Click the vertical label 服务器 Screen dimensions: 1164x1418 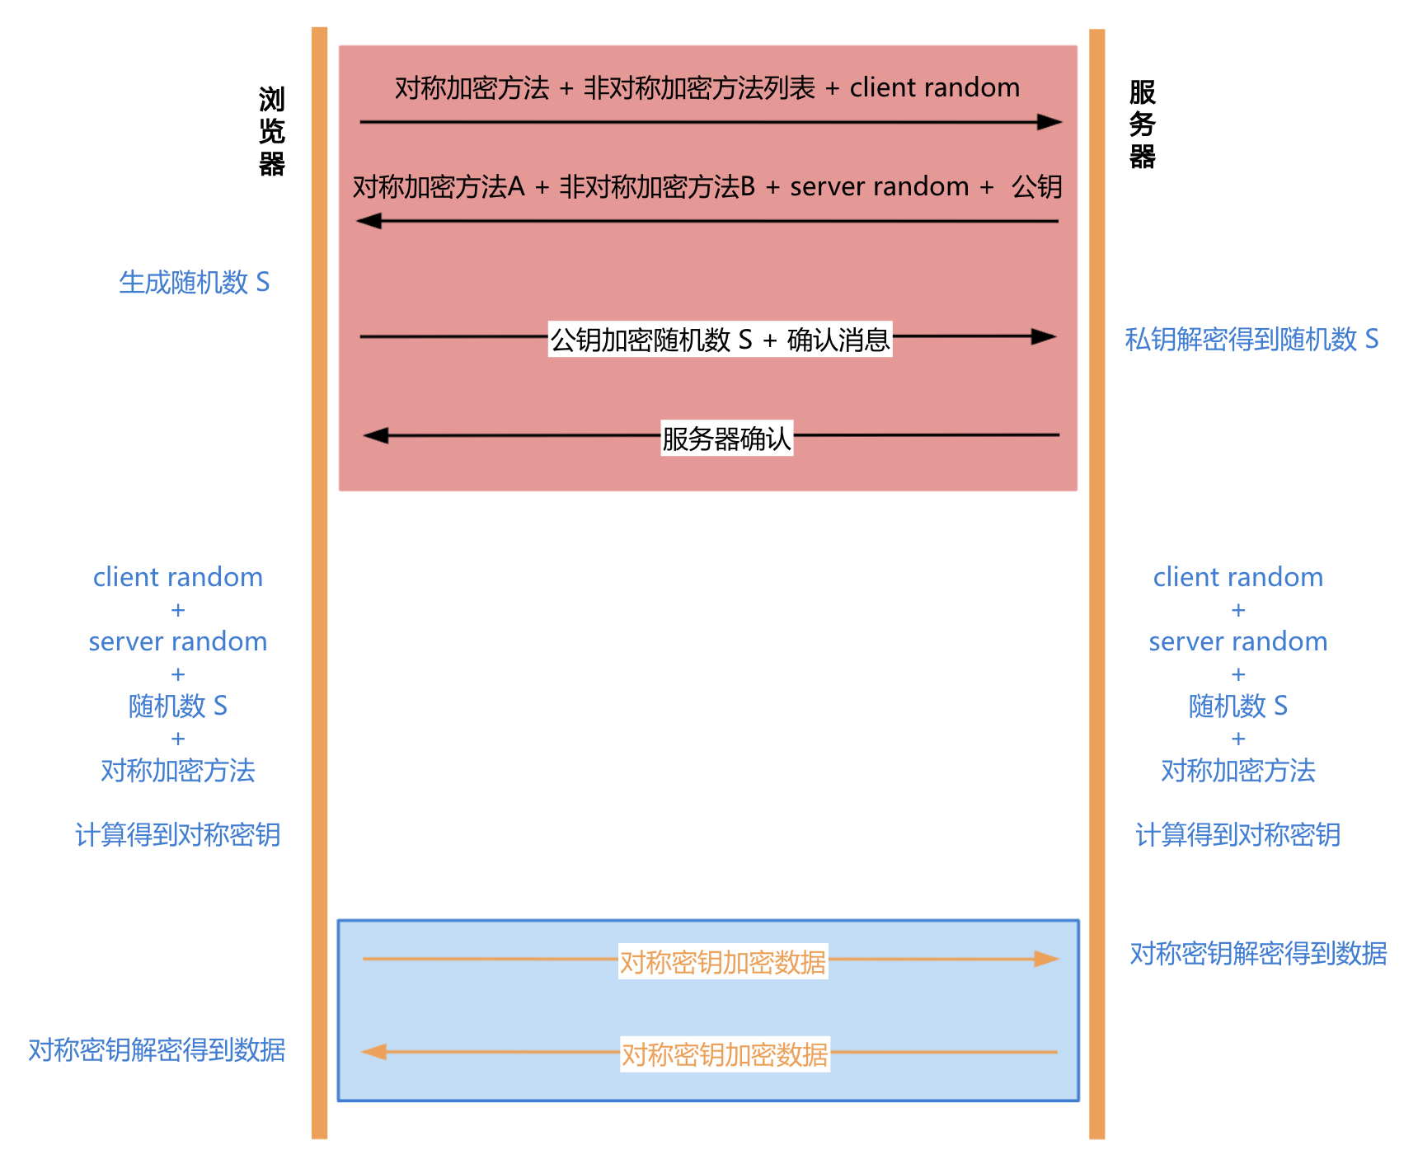tap(1142, 124)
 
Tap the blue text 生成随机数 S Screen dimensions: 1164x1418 tap(195, 283)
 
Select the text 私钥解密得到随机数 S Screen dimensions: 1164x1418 tap(1251, 339)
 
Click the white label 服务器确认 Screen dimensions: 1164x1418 tap(726, 438)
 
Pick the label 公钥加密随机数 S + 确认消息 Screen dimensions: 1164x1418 tap(720, 339)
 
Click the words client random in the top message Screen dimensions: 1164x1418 tap(934, 87)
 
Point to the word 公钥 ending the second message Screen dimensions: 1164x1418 tap(1036, 187)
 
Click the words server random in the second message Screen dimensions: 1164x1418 tap(879, 187)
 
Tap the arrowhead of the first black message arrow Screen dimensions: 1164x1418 tap(1049, 122)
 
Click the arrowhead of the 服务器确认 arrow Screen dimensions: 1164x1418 tap(376, 435)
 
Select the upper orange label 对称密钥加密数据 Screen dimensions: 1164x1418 tap(723, 962)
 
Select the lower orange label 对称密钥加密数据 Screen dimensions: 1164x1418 tap(725, 1054)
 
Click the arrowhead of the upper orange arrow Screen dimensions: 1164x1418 tap(1047, 959)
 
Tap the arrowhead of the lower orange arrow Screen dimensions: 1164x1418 tap(374, 1052)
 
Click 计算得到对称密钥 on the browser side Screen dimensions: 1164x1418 tap(178, 835)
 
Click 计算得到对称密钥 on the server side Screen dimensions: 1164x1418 tap(1237, 835)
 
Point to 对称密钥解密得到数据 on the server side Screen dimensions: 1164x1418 tap(1258, 954)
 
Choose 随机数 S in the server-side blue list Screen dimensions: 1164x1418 tap(1237, 706)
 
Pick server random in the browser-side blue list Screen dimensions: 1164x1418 tap(178, 641)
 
